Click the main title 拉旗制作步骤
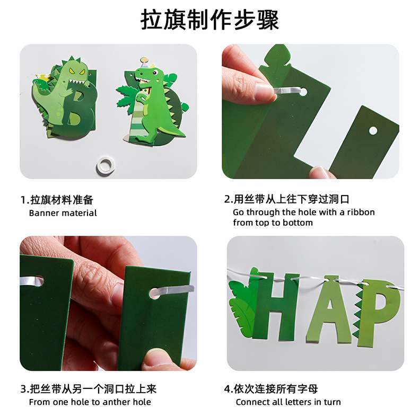click(x=210, y=20)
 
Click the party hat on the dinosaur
click(x=145, y=63)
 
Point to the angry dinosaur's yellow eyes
click(x=77, y=71)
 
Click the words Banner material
click(x=63, y=213)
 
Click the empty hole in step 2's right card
click(x=373, y=131)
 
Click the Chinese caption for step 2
click(x=287, y=199)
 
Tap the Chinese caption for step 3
click(x=89, y=389)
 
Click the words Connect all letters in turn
click(x=288, y=402)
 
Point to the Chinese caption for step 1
click(x=57, y=200)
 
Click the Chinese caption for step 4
click(x=271, y=389)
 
